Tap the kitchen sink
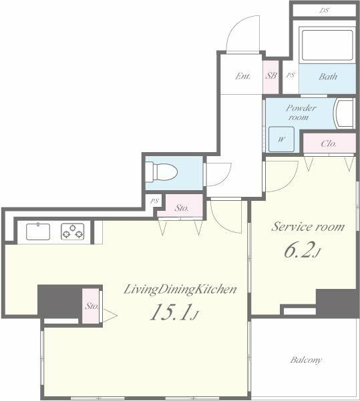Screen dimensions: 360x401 coord(38,232)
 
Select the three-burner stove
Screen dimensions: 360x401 coord(72,232)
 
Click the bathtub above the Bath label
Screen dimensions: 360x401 coord(327,45)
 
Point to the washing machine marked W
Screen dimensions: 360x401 coord(281,139)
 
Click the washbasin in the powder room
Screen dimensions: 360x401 coord(344,113)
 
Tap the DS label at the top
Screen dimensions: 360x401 coord(325,11)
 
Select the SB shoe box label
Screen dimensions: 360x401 coord(271,75)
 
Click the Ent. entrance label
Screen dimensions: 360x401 coord(242,76)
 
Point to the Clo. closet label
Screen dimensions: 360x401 coord(329,143)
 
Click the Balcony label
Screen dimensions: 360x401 coord(306,360)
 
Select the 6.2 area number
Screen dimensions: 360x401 coord(302,250)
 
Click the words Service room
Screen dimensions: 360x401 coord(308,227)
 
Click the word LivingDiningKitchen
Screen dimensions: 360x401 coord(180,290)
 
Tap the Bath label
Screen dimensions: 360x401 coord(328,77)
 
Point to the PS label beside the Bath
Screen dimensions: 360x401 coord(291,75)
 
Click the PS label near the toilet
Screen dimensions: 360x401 coord(154,201)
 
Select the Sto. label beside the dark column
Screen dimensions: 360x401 coord(92,306)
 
